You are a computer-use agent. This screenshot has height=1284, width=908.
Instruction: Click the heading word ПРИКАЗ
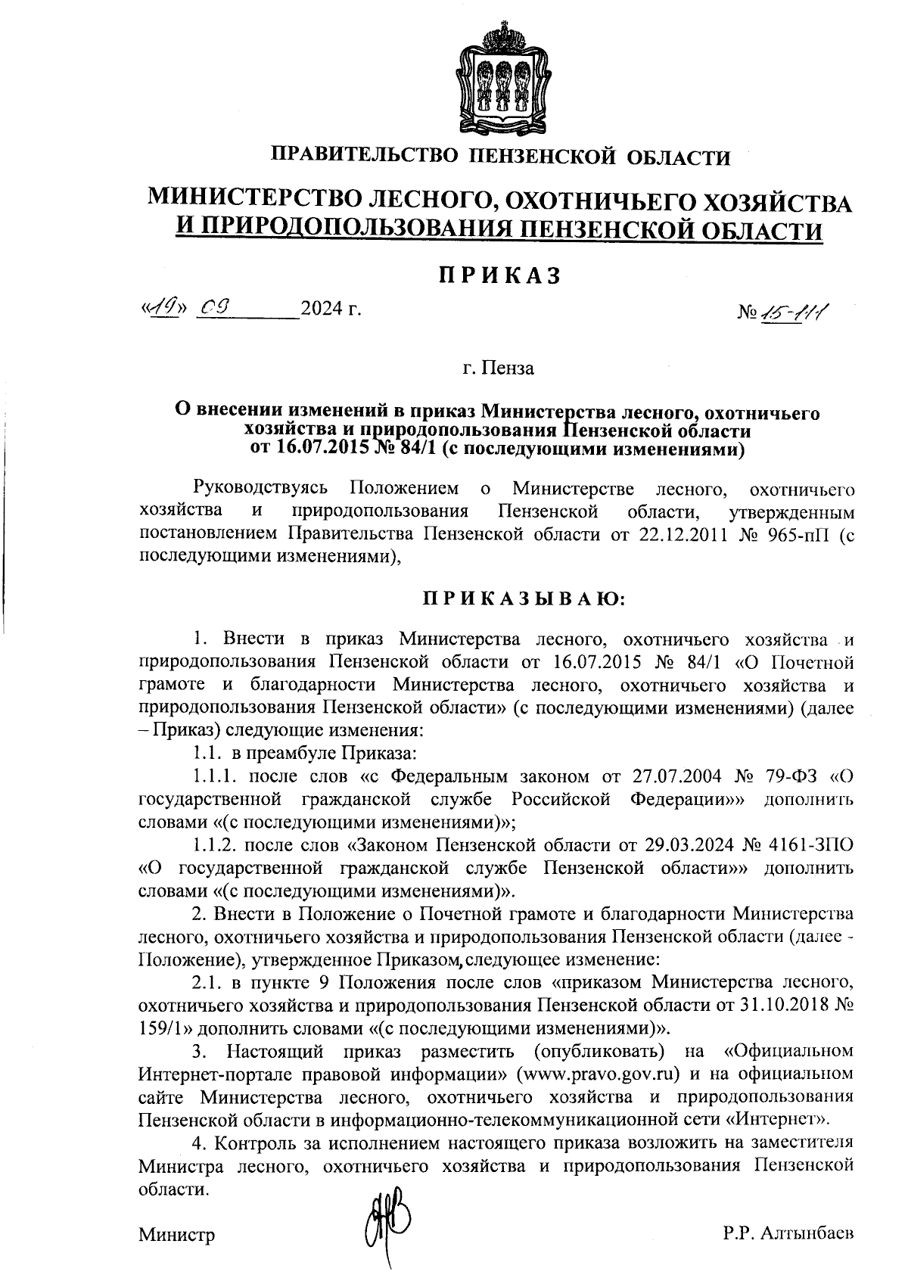click(500, 275)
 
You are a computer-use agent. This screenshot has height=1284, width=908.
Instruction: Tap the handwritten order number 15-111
click(791, 309)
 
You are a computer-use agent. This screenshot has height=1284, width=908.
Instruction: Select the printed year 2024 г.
click(331, 309)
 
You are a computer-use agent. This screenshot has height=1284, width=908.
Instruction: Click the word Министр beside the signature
click(176, 1235)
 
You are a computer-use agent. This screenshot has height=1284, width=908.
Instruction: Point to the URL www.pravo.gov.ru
click(596, 1074)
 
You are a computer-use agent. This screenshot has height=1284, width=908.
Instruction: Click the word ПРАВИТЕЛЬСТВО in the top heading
click(365, 157)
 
